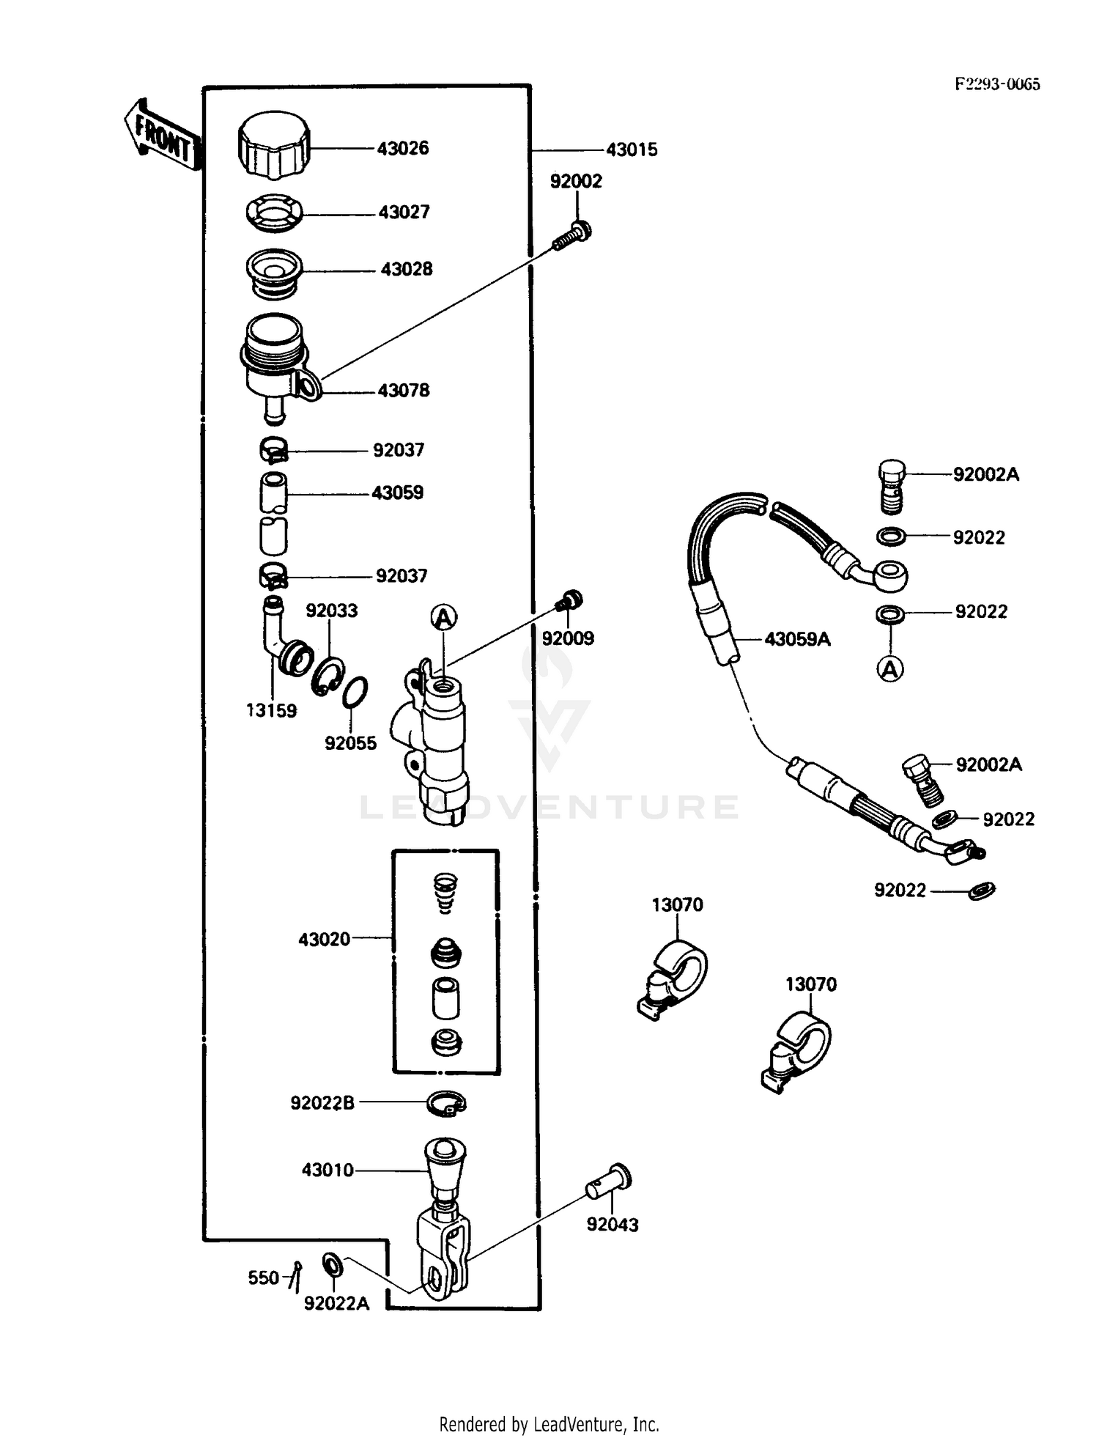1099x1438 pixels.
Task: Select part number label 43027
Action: (404, 213)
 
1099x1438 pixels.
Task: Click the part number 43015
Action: (632, 150)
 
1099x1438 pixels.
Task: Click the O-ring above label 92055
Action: (355, 692)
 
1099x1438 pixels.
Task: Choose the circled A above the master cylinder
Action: (443, 618)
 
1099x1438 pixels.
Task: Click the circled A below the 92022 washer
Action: (890, 668)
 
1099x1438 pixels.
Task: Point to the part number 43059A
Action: (797, 640)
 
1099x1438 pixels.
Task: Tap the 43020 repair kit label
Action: (324, 940)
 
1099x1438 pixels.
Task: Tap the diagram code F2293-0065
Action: (996, 84)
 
